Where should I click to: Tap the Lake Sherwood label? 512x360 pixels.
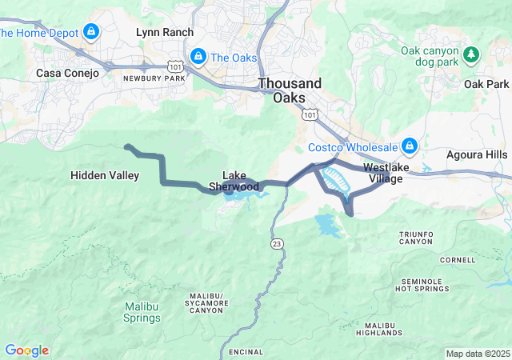(x=234, y=181)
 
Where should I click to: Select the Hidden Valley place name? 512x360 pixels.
(x=105, y=175)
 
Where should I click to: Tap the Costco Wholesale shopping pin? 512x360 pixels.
(x=410, y=146)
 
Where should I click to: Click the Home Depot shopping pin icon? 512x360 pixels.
(x=91, y=32)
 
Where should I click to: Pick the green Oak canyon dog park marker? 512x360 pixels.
(x=472, y=54)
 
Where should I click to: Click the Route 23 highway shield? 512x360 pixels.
(x=275, y=242)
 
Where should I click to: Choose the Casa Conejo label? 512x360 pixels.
(x=67, y=73)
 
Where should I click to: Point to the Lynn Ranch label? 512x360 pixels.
(x=165, y=32)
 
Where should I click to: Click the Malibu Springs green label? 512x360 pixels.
(x=142, y=312)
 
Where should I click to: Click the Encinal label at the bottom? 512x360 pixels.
(x=246, y=352)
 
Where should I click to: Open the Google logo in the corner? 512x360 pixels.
(x=26, y=350)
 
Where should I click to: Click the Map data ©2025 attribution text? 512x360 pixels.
(x=477, y=354)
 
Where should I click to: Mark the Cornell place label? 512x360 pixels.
(x=457, y=260)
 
